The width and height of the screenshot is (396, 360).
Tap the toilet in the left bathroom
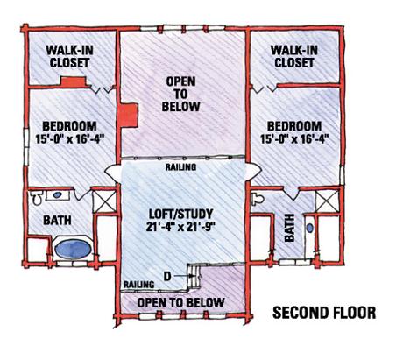click(36, 198)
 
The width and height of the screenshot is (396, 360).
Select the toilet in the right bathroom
click(258, 199)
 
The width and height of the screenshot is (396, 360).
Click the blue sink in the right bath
click(310, 228)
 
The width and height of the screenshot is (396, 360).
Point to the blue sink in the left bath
click(57, 194)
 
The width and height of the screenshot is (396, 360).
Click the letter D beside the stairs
click(167, 276)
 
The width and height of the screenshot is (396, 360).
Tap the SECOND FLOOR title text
click(324, 313)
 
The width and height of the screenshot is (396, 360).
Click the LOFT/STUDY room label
click(181, 214)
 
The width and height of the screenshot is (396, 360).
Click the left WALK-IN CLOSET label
click(69, 56)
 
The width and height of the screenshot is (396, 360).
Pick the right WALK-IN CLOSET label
click(294, 56)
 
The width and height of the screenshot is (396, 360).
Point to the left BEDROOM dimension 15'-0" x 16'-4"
click(70, 138)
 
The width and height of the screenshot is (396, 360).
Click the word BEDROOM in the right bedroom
click(294, 126)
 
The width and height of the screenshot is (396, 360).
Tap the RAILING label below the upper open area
click(180, 167)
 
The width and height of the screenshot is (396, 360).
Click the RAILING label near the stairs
click(139, 285)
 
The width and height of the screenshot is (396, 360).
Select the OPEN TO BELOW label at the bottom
click(181, 303)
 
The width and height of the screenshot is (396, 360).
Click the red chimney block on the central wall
click(128, 115)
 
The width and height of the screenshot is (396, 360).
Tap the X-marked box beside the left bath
click(104, 201)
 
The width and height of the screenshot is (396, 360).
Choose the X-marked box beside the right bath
click(327, 201)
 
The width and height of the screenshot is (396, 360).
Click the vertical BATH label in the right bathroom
click(289, 228)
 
